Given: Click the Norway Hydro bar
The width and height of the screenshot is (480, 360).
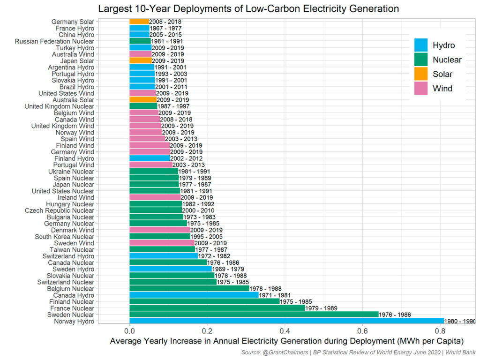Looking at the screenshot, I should point(286,321).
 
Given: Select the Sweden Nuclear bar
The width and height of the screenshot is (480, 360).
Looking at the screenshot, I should point(253,315).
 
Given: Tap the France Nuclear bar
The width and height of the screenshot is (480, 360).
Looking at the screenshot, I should point(217,308).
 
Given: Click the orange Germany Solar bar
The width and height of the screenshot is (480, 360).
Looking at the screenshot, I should point(139,22).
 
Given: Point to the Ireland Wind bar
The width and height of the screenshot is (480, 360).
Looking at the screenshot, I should point(155,197).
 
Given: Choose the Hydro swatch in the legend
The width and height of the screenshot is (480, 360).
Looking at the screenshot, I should point(421,45).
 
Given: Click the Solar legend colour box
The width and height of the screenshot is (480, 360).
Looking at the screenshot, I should point(421,74).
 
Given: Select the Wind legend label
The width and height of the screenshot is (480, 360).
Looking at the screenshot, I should point(442,88).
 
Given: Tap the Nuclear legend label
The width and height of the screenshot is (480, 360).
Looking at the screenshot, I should point(447,60).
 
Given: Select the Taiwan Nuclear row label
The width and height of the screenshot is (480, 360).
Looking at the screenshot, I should point(71,250).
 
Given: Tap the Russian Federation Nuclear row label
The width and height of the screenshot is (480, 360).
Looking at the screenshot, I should point(54,41).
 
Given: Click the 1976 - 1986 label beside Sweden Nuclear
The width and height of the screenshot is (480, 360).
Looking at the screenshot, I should point(394,315).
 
